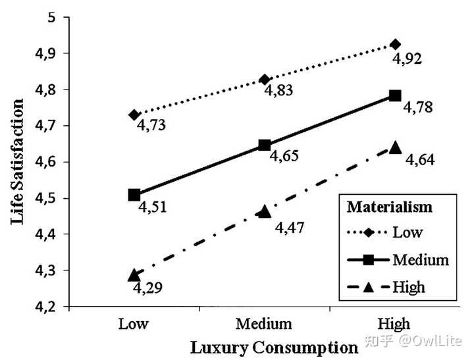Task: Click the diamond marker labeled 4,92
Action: pos(395,45)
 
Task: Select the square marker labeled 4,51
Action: pos(134,195)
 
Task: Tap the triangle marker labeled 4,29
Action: pos(134,274)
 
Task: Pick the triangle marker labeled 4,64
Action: pos(395,147)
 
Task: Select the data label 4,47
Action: pos(289,228)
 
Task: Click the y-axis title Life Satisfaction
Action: pos(18,161)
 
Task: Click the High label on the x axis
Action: pos(395,324)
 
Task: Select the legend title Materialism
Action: pos(390,207)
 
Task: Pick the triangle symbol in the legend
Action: pos(369,286)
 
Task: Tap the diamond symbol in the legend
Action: pos(369,232)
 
